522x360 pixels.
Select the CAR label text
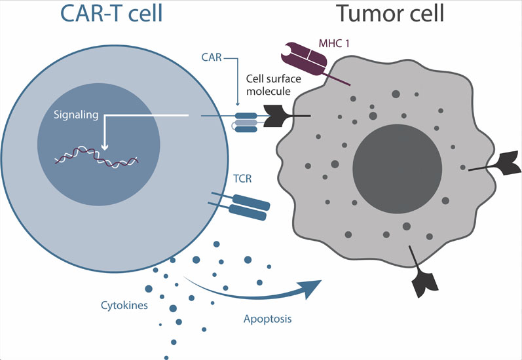(210, 57)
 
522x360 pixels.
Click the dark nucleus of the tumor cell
(397, 163)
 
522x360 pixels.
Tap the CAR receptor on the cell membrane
(246, 120)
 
